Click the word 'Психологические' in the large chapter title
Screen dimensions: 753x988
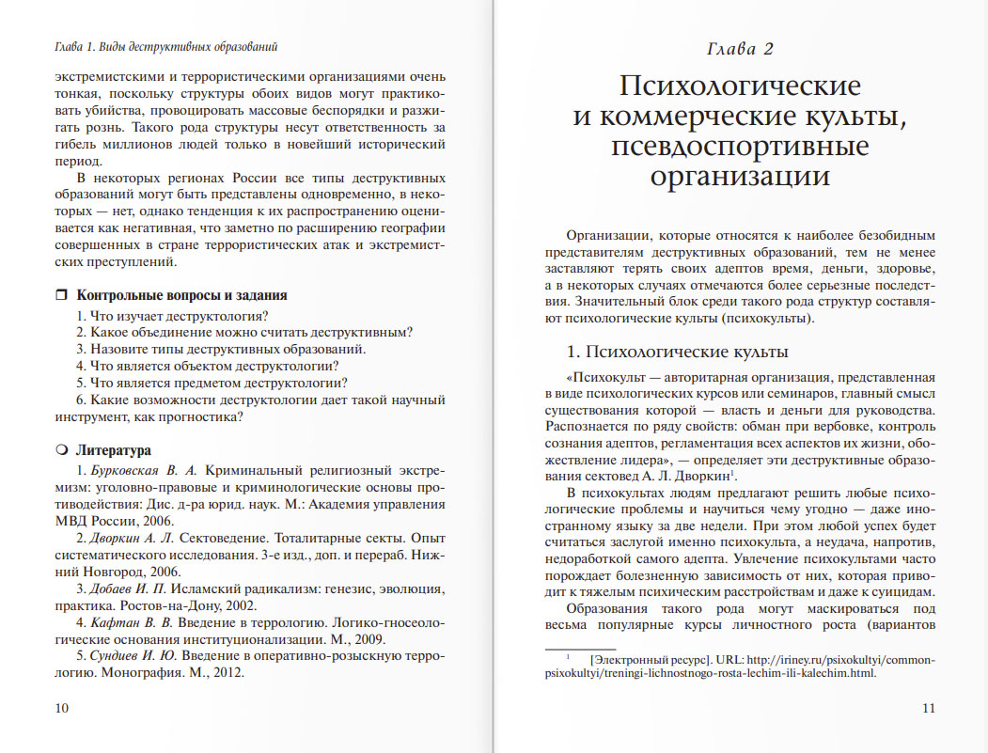(x=740, y=86)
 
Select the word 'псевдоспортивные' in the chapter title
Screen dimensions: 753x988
(x=740, y=148)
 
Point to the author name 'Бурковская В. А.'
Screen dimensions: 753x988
(x=143, y=469)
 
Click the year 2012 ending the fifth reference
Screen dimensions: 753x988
(x=227, y=673)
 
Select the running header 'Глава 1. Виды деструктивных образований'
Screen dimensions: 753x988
(x=165, y=46)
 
